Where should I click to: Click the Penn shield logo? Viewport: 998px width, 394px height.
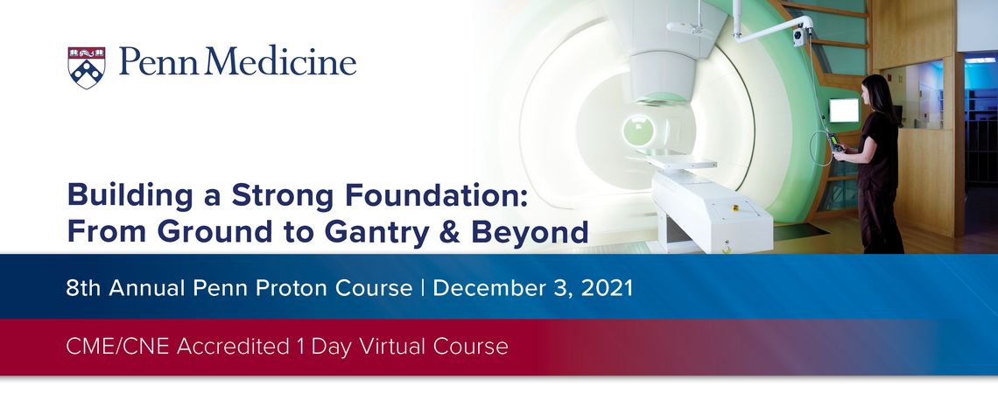[x=87, y=67]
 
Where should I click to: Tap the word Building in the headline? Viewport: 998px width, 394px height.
[x=130, y=194]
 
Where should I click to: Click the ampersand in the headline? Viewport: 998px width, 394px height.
[x=451, y=232]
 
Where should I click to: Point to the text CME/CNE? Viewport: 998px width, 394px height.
[x=118, y=347]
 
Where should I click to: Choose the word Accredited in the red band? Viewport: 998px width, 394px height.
[x=233, y=347]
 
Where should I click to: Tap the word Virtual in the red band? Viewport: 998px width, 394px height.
[x=393, y=347]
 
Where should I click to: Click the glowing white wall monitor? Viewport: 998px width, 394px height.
[x=844, y=110]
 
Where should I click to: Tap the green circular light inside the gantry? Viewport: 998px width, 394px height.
[x=637, y=130]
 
